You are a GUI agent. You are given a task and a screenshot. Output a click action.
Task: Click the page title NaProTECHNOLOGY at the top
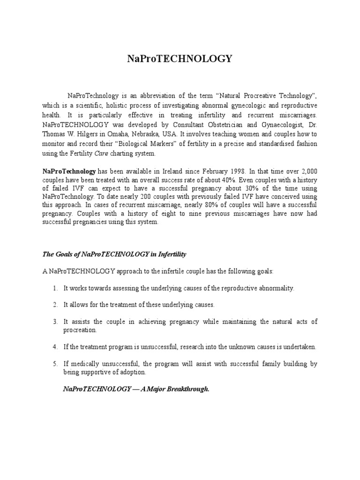coord(180,59)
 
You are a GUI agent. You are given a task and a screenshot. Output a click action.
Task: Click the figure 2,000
coord(308,172)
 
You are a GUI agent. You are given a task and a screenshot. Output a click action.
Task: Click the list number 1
coord(55,288)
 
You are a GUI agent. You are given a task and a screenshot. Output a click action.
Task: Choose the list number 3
coord(55,322)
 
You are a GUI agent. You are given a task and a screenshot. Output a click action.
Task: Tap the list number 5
coord(55,364)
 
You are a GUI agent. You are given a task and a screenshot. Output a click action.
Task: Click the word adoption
coord(134,372)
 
